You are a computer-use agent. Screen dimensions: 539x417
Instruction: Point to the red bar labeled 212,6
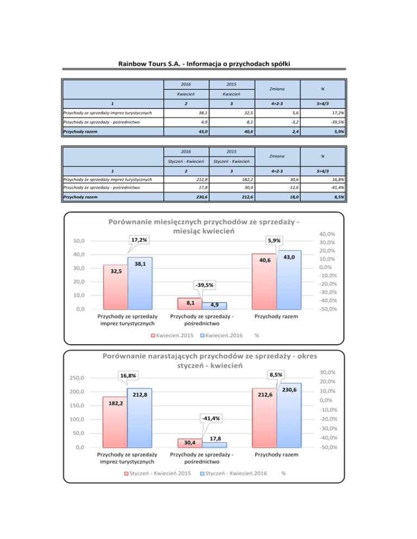pos(264,418)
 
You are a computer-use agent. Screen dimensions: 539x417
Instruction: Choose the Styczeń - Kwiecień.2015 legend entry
pos(155,473)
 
